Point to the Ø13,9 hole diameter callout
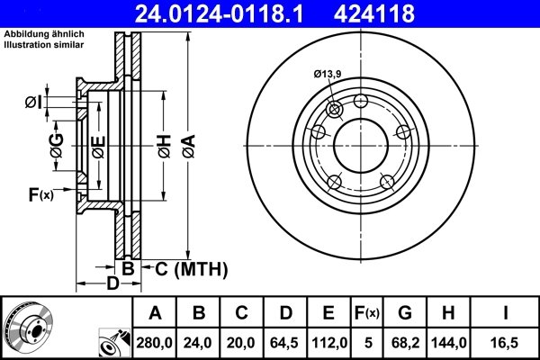click(x=328, y=87)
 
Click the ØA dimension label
click(x=186, y=143)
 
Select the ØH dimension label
click(x=163, y=143)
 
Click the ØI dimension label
click(x=32, y=102)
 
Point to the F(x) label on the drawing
click(x=41, y=193)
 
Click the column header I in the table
click(x=505, y=313)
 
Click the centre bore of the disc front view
click(x=360, y=143)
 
